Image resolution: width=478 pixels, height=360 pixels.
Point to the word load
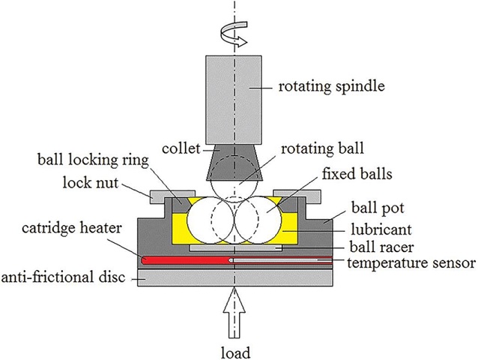(x=235, y=349)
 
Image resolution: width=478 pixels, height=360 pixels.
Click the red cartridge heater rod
(x=180, y=259)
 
